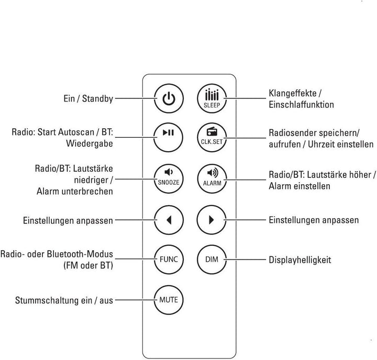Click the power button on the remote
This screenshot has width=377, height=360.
[168, 98]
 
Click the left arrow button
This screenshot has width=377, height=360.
[168, 220]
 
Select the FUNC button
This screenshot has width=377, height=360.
[168, 259]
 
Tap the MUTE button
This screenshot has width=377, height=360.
[168, 300]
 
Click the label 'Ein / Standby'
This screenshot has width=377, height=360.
[87, 98]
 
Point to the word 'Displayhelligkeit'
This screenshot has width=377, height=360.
[300, 260]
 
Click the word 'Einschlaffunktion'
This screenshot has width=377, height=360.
[301, 105]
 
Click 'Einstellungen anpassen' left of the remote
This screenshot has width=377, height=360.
[68, 221]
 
